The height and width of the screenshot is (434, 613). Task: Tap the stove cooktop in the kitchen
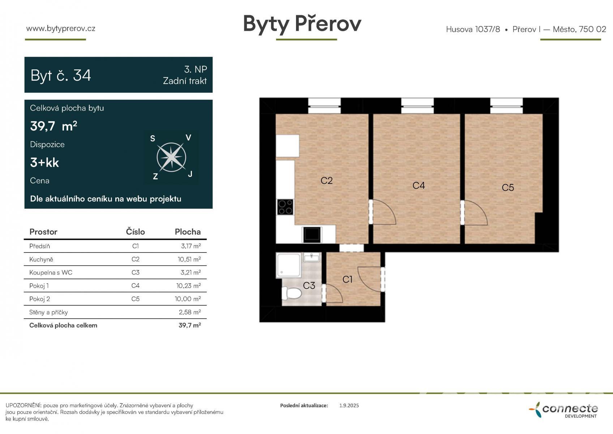click(x=285, y=207)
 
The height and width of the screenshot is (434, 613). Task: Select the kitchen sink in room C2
click(x=312, y=234)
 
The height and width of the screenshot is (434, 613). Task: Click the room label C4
click(x=419, y=186)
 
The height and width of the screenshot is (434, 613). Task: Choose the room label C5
click(x=507, y=188)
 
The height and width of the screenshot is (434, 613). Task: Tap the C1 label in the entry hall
click(x=347, y=279)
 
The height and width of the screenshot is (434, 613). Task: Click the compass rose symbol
click(x=171, y=157)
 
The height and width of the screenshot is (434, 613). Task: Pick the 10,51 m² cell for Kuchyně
click(x=189, y=259)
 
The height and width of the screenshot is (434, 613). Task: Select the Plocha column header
click(x=188, y=232)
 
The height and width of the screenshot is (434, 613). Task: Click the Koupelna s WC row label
click(x=51, y=272)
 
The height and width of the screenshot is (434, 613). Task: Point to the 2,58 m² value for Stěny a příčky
click(x=190, y=312)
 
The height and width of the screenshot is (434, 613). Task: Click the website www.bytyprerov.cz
click(x=61, y=29)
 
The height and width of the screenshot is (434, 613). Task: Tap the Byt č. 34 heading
click(x=60, y=75)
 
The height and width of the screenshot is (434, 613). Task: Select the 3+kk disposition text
click(x=44, y=162)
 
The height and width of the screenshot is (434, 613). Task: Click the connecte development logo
click(x=563, y=410)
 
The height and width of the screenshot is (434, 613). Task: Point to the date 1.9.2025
click(x=349, y=405)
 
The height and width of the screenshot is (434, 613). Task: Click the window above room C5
click(x=506, y=106)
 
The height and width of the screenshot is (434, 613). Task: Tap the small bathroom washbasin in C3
click(x=312, y=258)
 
